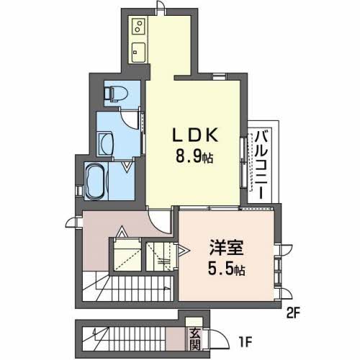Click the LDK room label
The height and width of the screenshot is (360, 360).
point(196,135)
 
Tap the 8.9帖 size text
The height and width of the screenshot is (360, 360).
point(194,156)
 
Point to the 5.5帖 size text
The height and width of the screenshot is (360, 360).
point(226,269)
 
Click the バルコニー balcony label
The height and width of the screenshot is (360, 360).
point(261,165)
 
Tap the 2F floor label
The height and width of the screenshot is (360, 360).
point(293,312)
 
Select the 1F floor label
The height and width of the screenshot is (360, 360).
point(246,343)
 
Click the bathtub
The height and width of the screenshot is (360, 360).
point(95,181)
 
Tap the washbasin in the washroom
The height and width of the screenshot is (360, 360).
point(106,144)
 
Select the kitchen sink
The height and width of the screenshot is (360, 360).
point(139,53)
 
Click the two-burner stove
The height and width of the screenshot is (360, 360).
point(139,26)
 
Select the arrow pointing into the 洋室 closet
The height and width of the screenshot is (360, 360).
point(183,251)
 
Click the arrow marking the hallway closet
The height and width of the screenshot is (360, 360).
point(122,232)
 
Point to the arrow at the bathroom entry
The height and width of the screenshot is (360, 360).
point(127,166)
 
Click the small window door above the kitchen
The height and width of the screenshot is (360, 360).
point(160,6)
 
